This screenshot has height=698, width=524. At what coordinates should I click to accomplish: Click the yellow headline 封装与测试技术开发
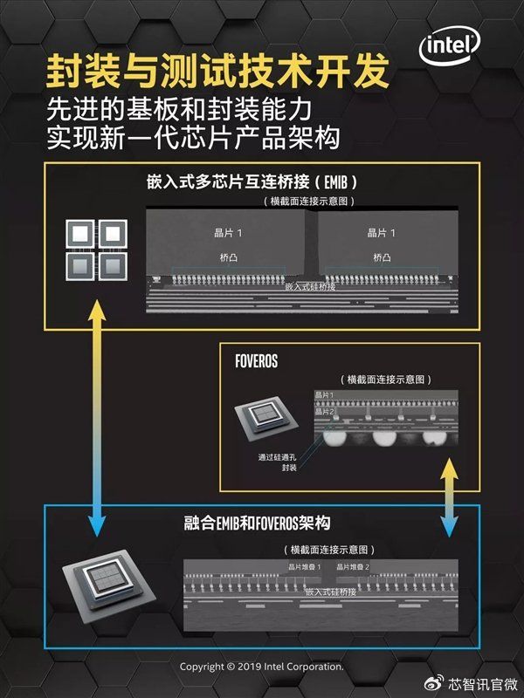click(x=217, y=73)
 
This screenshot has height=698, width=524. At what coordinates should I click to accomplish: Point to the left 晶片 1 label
click(x=229, y=233)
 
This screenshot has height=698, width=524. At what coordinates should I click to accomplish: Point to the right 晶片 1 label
click(x=382, y=233)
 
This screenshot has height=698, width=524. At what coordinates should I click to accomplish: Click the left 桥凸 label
click(x=229, y=257)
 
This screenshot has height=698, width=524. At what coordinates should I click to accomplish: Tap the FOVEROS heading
click(x=257, y=360)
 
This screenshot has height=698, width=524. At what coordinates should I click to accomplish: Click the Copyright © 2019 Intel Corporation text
click(x=262, y=667)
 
